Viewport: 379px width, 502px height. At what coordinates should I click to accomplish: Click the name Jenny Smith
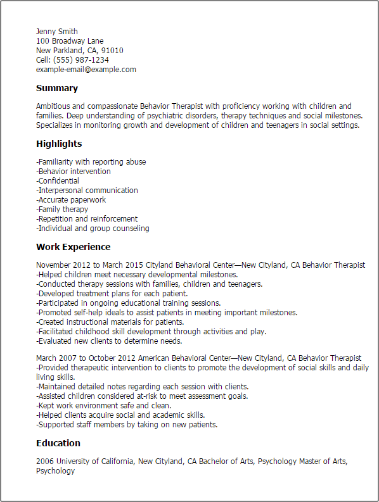(57, 32)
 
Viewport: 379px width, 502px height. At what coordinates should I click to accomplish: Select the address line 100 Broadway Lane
(70, 41)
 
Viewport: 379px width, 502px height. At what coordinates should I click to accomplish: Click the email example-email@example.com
(86, 70)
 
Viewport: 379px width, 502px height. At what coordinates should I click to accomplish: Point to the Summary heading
(57, 89)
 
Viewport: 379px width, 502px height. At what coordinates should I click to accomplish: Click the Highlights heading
(59, 144)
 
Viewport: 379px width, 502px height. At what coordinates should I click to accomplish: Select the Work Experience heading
(73, 247)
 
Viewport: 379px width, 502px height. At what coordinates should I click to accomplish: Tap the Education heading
(58, 443)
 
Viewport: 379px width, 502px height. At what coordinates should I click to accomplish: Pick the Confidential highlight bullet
(58, 181)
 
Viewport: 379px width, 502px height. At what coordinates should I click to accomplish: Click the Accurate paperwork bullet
(71, 200)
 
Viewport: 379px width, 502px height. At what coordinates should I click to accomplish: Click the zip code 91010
(112, 51)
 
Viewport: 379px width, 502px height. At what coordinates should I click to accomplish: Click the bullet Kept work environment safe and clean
(103, 406)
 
